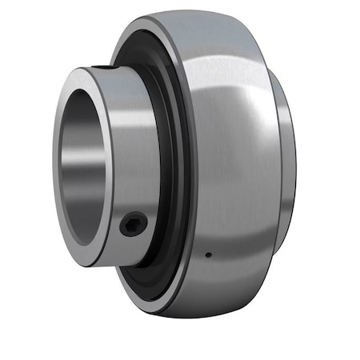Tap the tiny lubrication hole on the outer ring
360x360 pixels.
(207, 255)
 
